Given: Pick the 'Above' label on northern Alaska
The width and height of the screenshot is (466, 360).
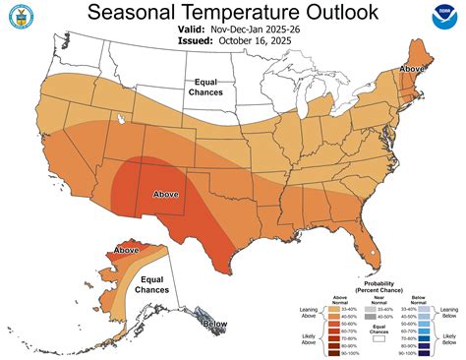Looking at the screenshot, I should (126, 251).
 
